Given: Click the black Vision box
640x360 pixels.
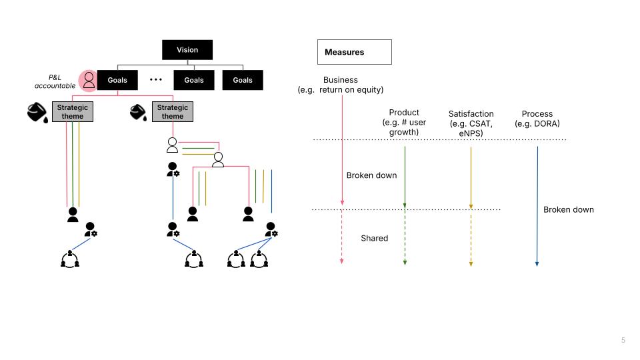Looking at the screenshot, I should click(x=187, y=50).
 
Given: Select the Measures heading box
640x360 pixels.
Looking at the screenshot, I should click(x=354, y=52).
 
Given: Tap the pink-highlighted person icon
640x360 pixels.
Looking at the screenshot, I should click(x=88, y=81).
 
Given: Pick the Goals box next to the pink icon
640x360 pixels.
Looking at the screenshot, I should click(x=117, y=80).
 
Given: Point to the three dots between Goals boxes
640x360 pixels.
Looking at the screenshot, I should click(x=156, y=80).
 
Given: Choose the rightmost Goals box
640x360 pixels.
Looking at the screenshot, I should click(x=243, y=80).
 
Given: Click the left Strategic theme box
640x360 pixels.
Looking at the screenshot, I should click(x=73, y=112).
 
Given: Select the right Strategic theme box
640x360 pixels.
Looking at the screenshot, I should click(x=173, y=112).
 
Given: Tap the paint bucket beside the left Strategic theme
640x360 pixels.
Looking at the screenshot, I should click(x=37, y=113).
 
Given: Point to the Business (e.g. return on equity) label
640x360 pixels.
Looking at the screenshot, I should click(x=341, y=85).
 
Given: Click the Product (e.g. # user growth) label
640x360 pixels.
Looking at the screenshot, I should click(x=404, y=122).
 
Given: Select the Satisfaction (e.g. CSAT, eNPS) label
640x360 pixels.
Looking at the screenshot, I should click(x=471, y=123).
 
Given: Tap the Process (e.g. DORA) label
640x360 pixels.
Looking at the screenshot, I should click(x=537, y=119).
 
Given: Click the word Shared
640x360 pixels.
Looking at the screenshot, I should click(x=374, y=238).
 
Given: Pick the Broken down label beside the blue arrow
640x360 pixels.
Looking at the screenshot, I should click(x=568, y=209).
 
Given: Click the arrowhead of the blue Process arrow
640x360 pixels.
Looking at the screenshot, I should click(x=537, y=264).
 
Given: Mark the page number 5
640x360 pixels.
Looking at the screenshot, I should click(x=623, y=340).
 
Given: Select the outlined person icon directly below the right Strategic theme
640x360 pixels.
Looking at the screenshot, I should click(x=172, y=143).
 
